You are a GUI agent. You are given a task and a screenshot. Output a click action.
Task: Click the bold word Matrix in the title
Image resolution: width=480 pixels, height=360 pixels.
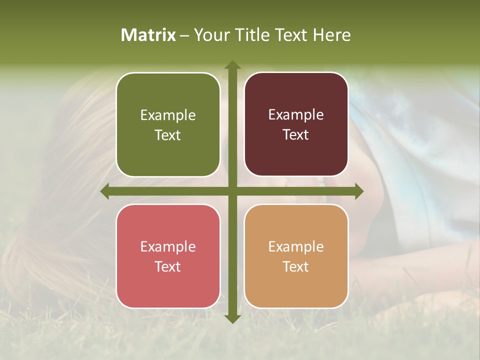coord(148,35)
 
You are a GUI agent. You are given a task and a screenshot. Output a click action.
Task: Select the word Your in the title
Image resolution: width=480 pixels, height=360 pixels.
coord(209,35)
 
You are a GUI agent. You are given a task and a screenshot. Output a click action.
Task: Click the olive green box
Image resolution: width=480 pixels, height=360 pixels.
coord(168,124)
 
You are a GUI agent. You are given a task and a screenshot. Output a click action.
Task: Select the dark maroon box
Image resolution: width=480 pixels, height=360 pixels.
coord(296,124)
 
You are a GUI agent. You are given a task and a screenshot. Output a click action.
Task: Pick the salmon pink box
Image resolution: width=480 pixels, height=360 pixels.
coord(168,256)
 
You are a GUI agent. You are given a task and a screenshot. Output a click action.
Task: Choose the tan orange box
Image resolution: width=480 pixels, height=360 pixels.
coord(296,256)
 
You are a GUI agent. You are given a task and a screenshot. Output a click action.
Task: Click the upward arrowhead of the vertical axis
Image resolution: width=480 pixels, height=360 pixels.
coord(232,65)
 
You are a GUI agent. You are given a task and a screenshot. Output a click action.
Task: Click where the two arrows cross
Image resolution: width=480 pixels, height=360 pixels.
coord(232,191)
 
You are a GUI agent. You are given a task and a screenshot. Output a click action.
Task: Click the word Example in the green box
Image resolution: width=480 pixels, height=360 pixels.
coord(168,115)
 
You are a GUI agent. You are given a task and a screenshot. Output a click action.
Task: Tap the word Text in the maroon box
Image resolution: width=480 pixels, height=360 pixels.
coord(296,135)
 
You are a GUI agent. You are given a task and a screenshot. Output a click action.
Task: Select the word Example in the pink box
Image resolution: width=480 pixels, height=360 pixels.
coord(168,247)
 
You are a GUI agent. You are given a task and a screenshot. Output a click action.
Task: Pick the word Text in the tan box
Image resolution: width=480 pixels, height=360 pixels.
coord(296,266)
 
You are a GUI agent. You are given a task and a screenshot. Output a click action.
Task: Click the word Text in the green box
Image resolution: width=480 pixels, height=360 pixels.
coord(168,135)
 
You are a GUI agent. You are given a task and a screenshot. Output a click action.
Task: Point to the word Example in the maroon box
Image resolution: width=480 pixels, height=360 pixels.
coord(296,115)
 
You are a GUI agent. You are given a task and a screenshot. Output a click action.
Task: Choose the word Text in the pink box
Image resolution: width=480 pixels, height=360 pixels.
coord(168,266)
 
